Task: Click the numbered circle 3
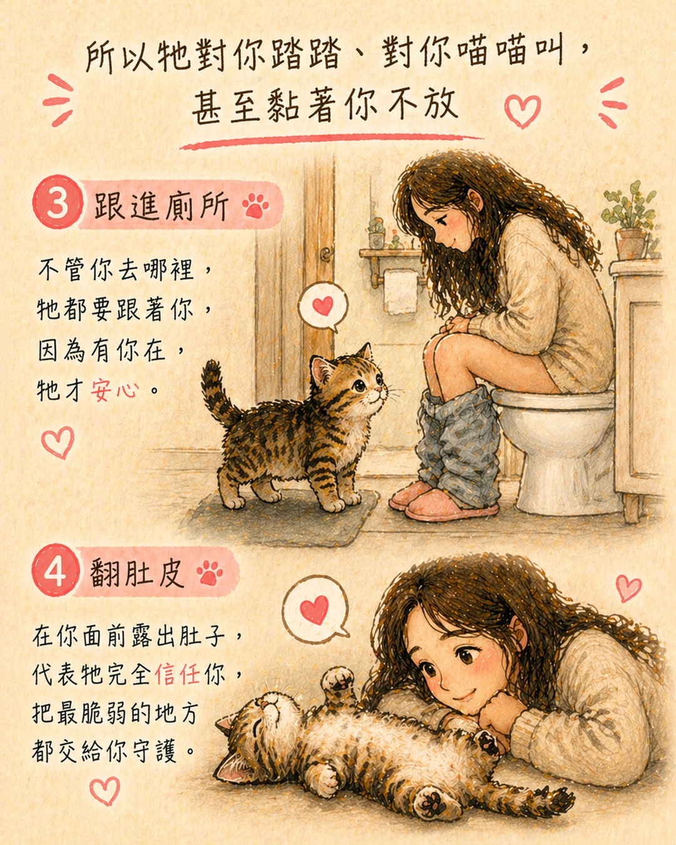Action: (58, 202)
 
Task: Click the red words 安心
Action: (115, 391)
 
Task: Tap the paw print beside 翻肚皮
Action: (210, 573)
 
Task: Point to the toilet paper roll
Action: (401, 291)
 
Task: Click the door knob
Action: (326, 254)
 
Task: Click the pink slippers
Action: (440, 499)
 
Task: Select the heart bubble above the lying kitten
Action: (315, 609)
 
